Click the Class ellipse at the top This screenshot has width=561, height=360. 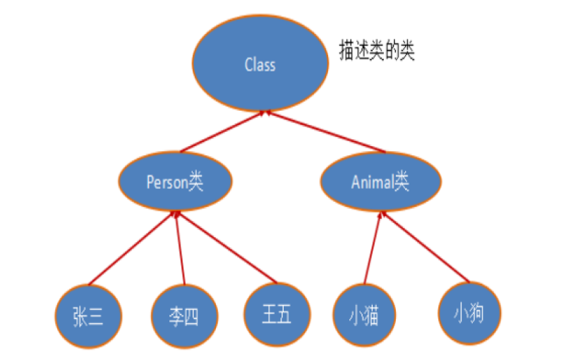(x=260, y=63)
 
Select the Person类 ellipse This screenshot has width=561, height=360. (x=175, y=181)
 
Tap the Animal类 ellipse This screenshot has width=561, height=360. (x=380, y=181)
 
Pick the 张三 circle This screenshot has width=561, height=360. (x=88, y=316)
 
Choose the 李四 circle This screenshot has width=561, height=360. (x=184, y=316)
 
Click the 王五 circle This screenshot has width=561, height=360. (x=277, y=315)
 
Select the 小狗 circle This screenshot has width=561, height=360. (x=469, y=313)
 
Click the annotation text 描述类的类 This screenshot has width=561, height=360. (x=377, y=50)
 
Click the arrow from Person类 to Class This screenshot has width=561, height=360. (x=222, y=132)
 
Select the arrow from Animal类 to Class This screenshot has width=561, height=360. (x=325, y=132)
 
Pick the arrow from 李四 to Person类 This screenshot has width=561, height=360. (x=181, y=248)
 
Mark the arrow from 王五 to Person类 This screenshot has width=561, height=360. (x=227, y=247)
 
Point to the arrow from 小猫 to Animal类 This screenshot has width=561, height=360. (x=373, y=248)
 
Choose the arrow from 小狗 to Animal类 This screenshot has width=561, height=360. (x=426, y=247)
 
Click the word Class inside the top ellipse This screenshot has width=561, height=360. (x=260, y=65)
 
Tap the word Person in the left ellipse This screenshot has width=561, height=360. (x=167, y=183)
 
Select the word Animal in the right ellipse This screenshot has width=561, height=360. (x=373, y=182)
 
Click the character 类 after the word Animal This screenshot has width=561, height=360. (x=402, y=181)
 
